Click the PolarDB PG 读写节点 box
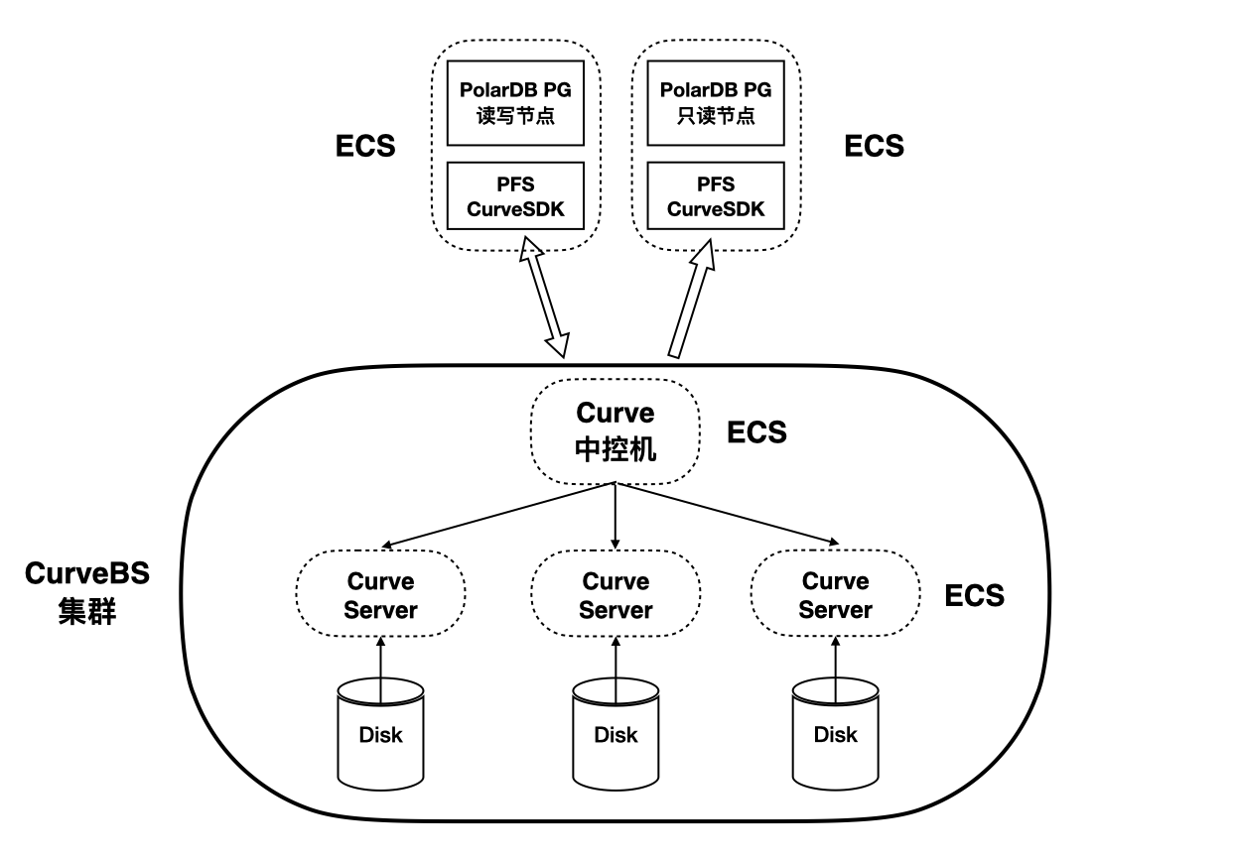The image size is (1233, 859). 515,102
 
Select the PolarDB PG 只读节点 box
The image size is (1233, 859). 715,102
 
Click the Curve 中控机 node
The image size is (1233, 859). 616,430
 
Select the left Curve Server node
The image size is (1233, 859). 380,595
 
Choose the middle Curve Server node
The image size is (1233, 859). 616,595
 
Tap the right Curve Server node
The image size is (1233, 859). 835,595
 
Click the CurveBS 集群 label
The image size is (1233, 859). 87,593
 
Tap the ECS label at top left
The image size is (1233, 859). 365,147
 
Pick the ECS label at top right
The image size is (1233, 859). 874,147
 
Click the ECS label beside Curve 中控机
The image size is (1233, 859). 756,432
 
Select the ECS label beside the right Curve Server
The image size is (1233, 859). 974,596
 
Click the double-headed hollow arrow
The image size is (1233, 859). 545,296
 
